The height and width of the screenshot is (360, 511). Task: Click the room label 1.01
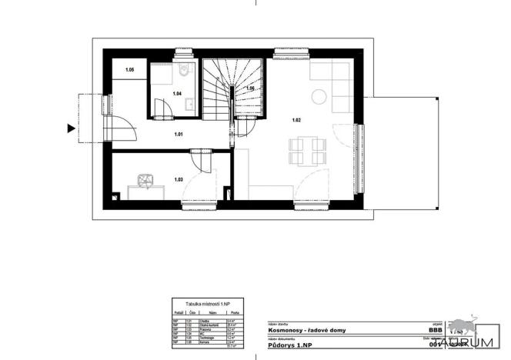click(178, 135)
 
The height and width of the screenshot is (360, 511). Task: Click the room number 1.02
click(296, 119)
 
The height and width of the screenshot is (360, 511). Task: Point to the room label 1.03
click(179, 179)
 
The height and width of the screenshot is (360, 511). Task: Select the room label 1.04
click(176, 94)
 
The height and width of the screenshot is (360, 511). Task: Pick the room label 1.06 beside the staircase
click(249, 88)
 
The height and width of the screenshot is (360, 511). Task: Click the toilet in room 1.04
click(183, 72)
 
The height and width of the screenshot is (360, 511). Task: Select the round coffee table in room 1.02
click(318, 96)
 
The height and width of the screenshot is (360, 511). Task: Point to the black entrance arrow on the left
click(71, 129)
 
